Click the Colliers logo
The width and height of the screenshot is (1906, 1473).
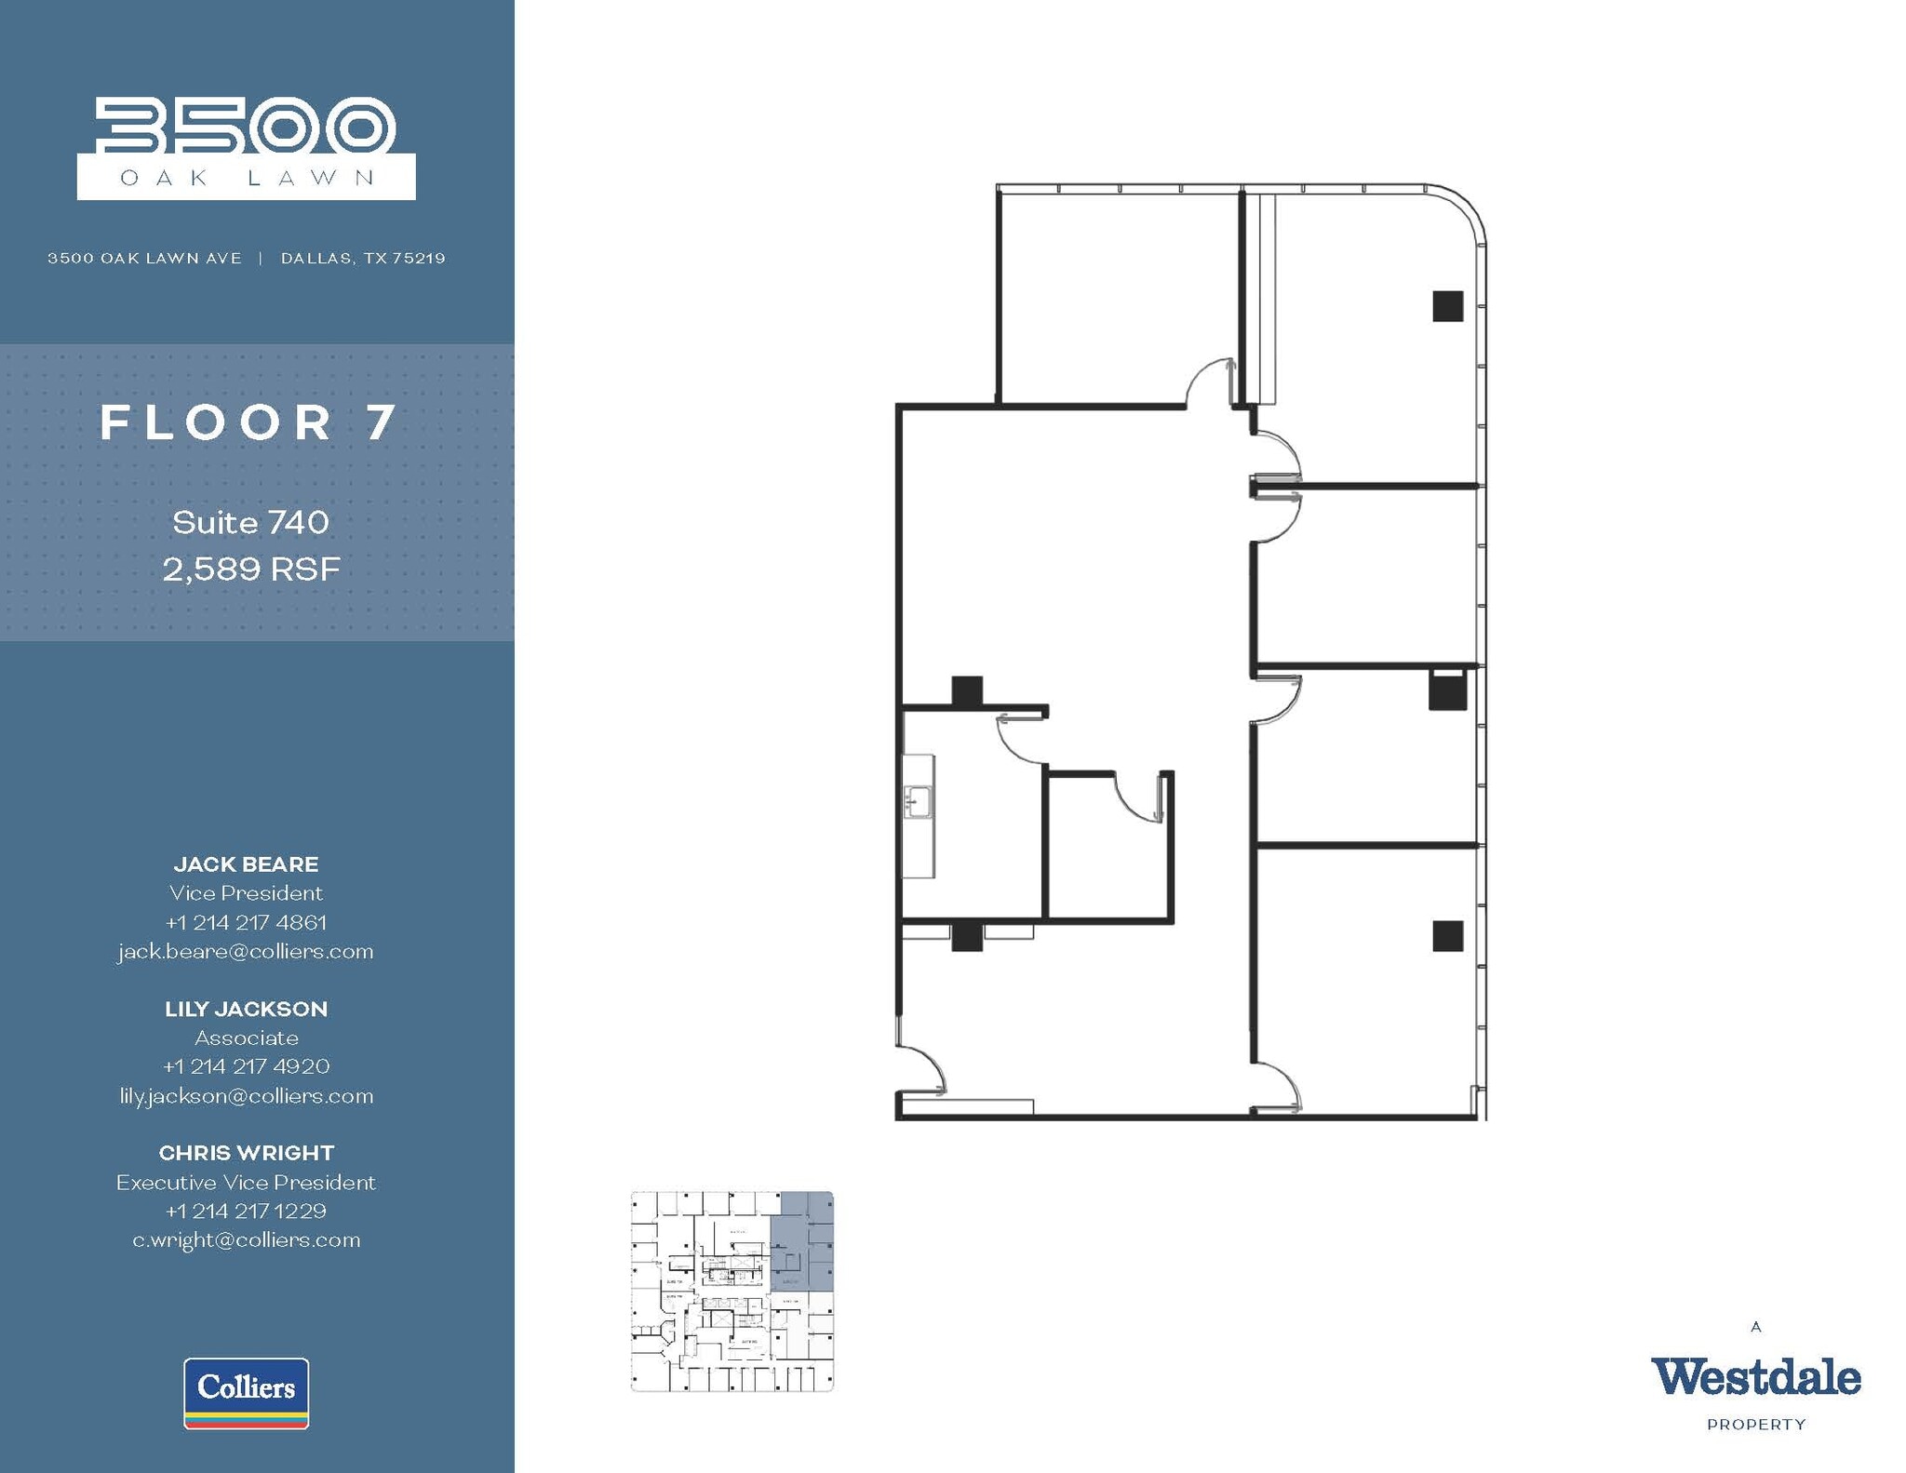(247, 1392)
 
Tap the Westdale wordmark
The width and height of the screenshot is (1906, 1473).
(1755, 1377)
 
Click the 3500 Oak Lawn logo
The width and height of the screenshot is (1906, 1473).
(246, 148)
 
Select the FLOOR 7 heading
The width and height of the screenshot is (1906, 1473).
(249, 423)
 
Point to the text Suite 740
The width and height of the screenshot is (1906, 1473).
(250, 522)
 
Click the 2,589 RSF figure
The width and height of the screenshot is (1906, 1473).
(251, 569)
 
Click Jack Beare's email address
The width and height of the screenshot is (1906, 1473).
(246, 951)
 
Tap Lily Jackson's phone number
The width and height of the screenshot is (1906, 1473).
(246, 1066)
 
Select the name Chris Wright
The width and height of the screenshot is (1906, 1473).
(246, 1153)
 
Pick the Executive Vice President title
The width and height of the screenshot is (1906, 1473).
(246, 1182)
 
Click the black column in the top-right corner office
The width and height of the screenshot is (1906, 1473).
(1447, 306)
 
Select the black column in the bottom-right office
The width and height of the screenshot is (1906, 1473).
(1447, 936)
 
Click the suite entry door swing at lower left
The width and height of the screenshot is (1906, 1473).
(924, 1070)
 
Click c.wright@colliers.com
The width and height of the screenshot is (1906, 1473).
(246, 1239)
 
